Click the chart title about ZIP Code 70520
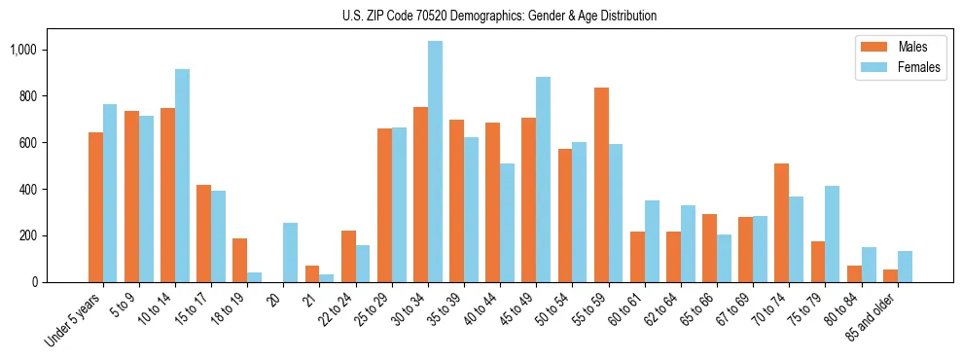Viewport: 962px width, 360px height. [x=500, y=16]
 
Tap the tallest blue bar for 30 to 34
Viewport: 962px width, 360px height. [x=435, y=162]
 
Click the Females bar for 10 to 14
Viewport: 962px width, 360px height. [x=182, y=175]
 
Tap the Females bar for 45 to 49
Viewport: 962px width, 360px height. [x=543, y=180]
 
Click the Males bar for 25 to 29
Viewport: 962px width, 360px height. [x=384, y=205]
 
